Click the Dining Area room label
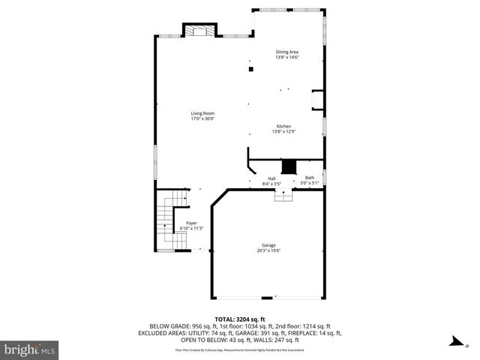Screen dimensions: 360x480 click(x=286, y=52)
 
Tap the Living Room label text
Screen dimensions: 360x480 click(x=202, y=113)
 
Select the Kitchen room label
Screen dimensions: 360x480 click(x=283, y=126)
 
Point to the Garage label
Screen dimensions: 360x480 click(x=268, y=245)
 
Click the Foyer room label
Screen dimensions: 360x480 click(x=192, y=223)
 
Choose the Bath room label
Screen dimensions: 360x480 click(x=310, y=178)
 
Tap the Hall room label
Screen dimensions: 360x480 click(x=271, y=178)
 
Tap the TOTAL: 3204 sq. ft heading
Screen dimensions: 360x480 click(x=239, y=319)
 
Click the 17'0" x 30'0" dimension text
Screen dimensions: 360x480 click(x=202, y=118)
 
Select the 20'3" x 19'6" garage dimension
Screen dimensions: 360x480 click(x=268, y=250)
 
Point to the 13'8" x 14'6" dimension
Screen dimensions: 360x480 click(x=286, y=57)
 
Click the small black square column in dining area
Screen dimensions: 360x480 click(x=250, y=69)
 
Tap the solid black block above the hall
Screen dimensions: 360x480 click(x=289, y=166)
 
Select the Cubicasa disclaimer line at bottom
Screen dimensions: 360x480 click(x=239, y=349)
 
